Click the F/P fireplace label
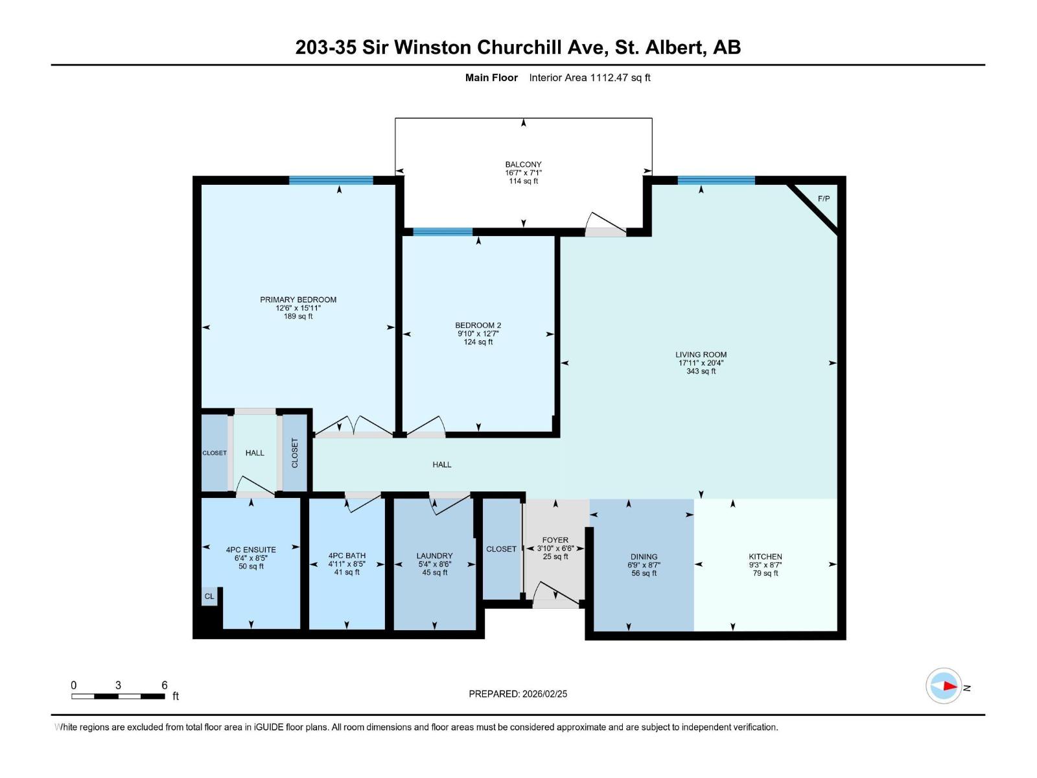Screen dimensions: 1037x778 coord(824,198)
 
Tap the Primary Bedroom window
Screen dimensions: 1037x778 coord(331,180)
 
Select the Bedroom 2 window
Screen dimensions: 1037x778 coord(443,231)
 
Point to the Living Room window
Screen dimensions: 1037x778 coord(716,180)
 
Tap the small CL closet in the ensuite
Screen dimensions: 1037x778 coord(209,596)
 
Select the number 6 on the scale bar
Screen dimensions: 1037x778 coord(165,685)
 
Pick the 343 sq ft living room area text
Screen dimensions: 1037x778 coord(701,371)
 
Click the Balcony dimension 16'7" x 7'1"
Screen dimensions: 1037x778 coord(524,173)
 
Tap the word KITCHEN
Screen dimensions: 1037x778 coord(765,556)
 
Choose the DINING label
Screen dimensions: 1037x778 coord(644,556)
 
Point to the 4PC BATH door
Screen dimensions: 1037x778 coord(363,502)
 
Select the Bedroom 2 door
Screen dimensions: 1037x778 coord(426,426)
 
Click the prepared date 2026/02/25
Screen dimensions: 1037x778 coord(544,694)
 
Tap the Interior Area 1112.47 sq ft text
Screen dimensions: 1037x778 coord(590,77)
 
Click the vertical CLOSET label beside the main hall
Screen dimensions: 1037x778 coord(295,453)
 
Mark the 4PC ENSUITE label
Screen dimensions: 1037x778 coord(251,549)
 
